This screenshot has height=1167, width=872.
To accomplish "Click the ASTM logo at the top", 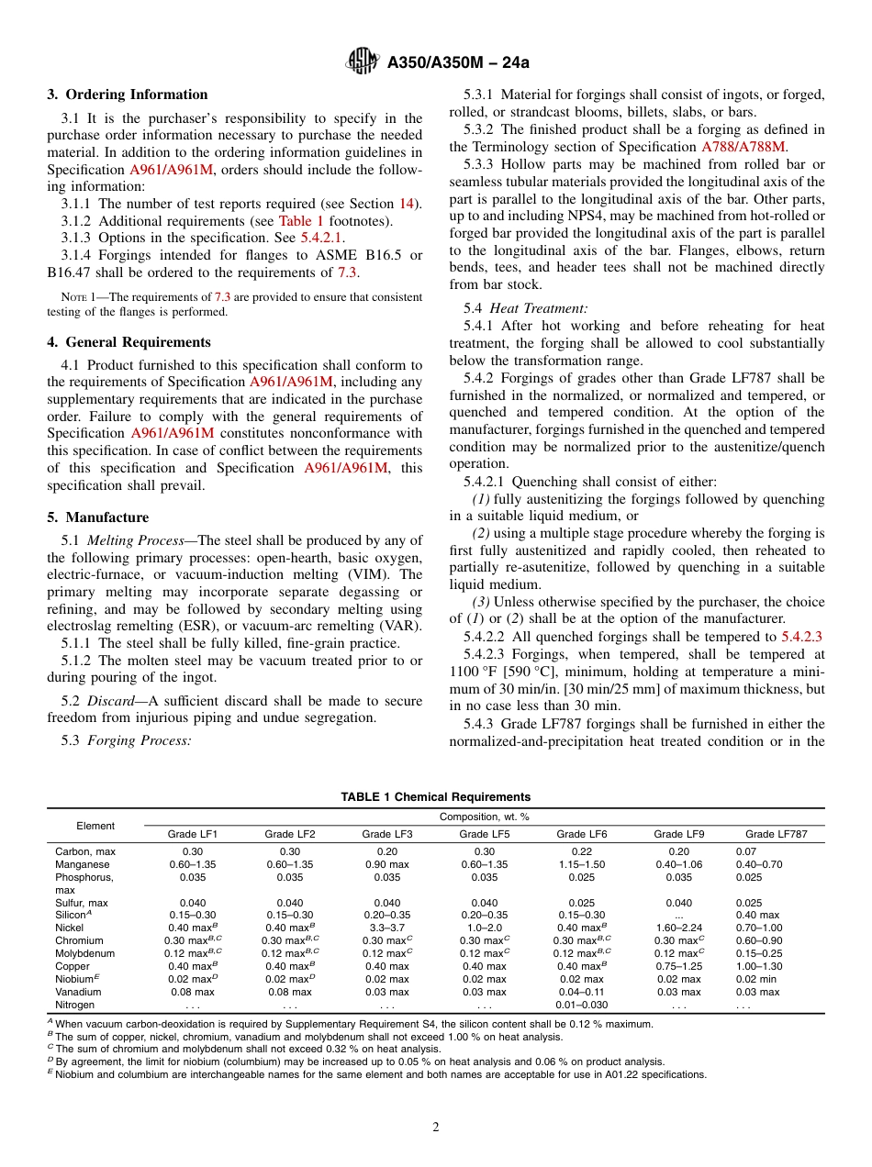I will [363, 62].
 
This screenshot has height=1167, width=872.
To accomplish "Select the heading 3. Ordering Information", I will [128, 94].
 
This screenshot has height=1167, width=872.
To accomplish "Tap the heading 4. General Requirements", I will [129, 342].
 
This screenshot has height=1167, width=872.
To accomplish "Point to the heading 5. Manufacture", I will [97, 517].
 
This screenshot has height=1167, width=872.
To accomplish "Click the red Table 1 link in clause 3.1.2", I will [301, 220].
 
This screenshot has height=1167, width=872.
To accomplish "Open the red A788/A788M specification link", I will [743, 146].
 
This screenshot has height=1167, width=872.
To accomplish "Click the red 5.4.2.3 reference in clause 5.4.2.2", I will [801, 637].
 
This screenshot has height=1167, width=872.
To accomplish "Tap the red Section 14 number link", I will [407, 204].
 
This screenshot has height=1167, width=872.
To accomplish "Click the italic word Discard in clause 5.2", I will [110, 701].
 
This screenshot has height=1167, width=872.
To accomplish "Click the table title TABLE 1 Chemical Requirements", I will [435, 797].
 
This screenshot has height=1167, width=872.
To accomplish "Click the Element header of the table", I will [95, 826].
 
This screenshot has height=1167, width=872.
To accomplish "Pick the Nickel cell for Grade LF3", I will [387, 928].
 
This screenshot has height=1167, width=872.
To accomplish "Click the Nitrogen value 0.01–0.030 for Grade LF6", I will [581, 1005].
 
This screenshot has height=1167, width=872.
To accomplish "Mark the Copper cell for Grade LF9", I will [678, 966].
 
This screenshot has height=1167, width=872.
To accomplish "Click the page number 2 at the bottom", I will [436, 1128].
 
